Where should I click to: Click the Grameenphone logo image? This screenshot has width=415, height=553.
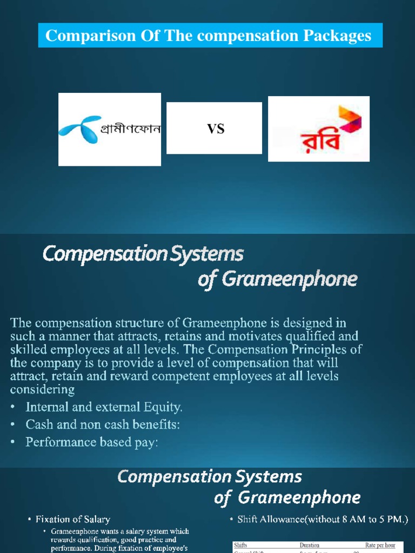110,129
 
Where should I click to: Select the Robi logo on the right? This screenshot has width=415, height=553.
319,129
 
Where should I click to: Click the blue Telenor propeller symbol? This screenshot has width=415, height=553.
78,127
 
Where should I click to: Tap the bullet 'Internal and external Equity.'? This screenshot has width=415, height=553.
104,406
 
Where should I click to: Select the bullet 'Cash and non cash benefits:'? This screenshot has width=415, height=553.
103,424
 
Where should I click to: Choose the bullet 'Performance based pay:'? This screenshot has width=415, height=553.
92,442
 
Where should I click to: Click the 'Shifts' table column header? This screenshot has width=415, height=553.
240,545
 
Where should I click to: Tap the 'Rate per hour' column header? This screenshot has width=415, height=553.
380,545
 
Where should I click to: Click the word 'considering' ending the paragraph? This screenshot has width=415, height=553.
42,389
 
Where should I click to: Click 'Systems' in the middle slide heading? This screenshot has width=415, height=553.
211,253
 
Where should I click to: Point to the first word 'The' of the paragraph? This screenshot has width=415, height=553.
21,323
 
